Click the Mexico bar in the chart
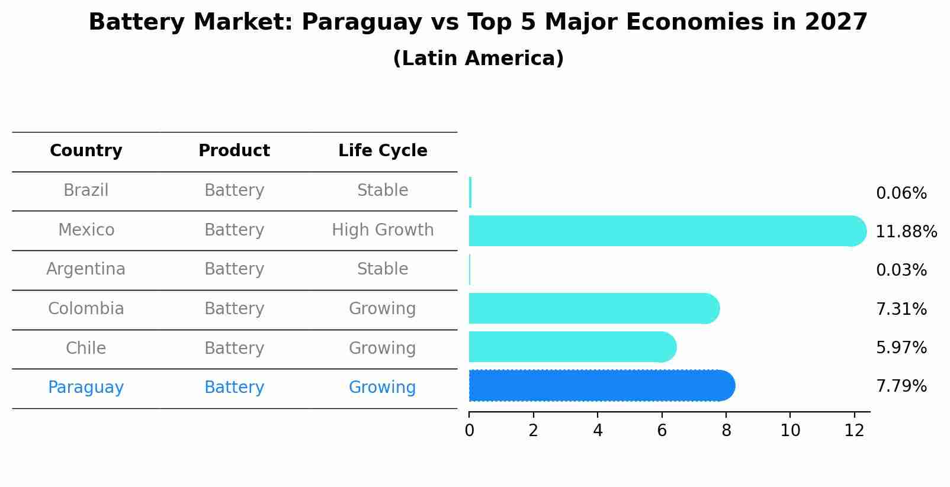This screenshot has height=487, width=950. pos(663,231)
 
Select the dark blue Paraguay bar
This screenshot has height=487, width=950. pos(598,386)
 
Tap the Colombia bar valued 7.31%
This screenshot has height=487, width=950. pos(592,308)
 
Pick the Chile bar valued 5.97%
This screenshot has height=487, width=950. pos(572,347)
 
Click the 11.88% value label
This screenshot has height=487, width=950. pos(906,231)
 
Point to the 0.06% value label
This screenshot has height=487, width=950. pos(901,193)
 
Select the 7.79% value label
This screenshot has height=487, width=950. pos(901,386)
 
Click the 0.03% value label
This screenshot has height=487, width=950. pos(901,270)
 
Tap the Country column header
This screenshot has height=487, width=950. pos(86,151)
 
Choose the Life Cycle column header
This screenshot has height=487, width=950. pos(383,151)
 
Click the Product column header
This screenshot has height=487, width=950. pos(234,151)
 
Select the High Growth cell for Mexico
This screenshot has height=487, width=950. pos(383,230)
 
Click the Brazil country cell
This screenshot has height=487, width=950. pos(86,190)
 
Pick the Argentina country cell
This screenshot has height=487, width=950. pos(86,269)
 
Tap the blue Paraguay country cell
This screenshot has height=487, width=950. pos(86,388)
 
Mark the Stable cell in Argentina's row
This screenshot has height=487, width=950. pos(383,269)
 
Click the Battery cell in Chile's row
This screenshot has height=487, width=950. pos(234,348)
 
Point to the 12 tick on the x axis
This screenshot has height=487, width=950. pos(854,430)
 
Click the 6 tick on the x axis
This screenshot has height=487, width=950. pos(662,430)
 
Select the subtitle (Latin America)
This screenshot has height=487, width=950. pos(478,59)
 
